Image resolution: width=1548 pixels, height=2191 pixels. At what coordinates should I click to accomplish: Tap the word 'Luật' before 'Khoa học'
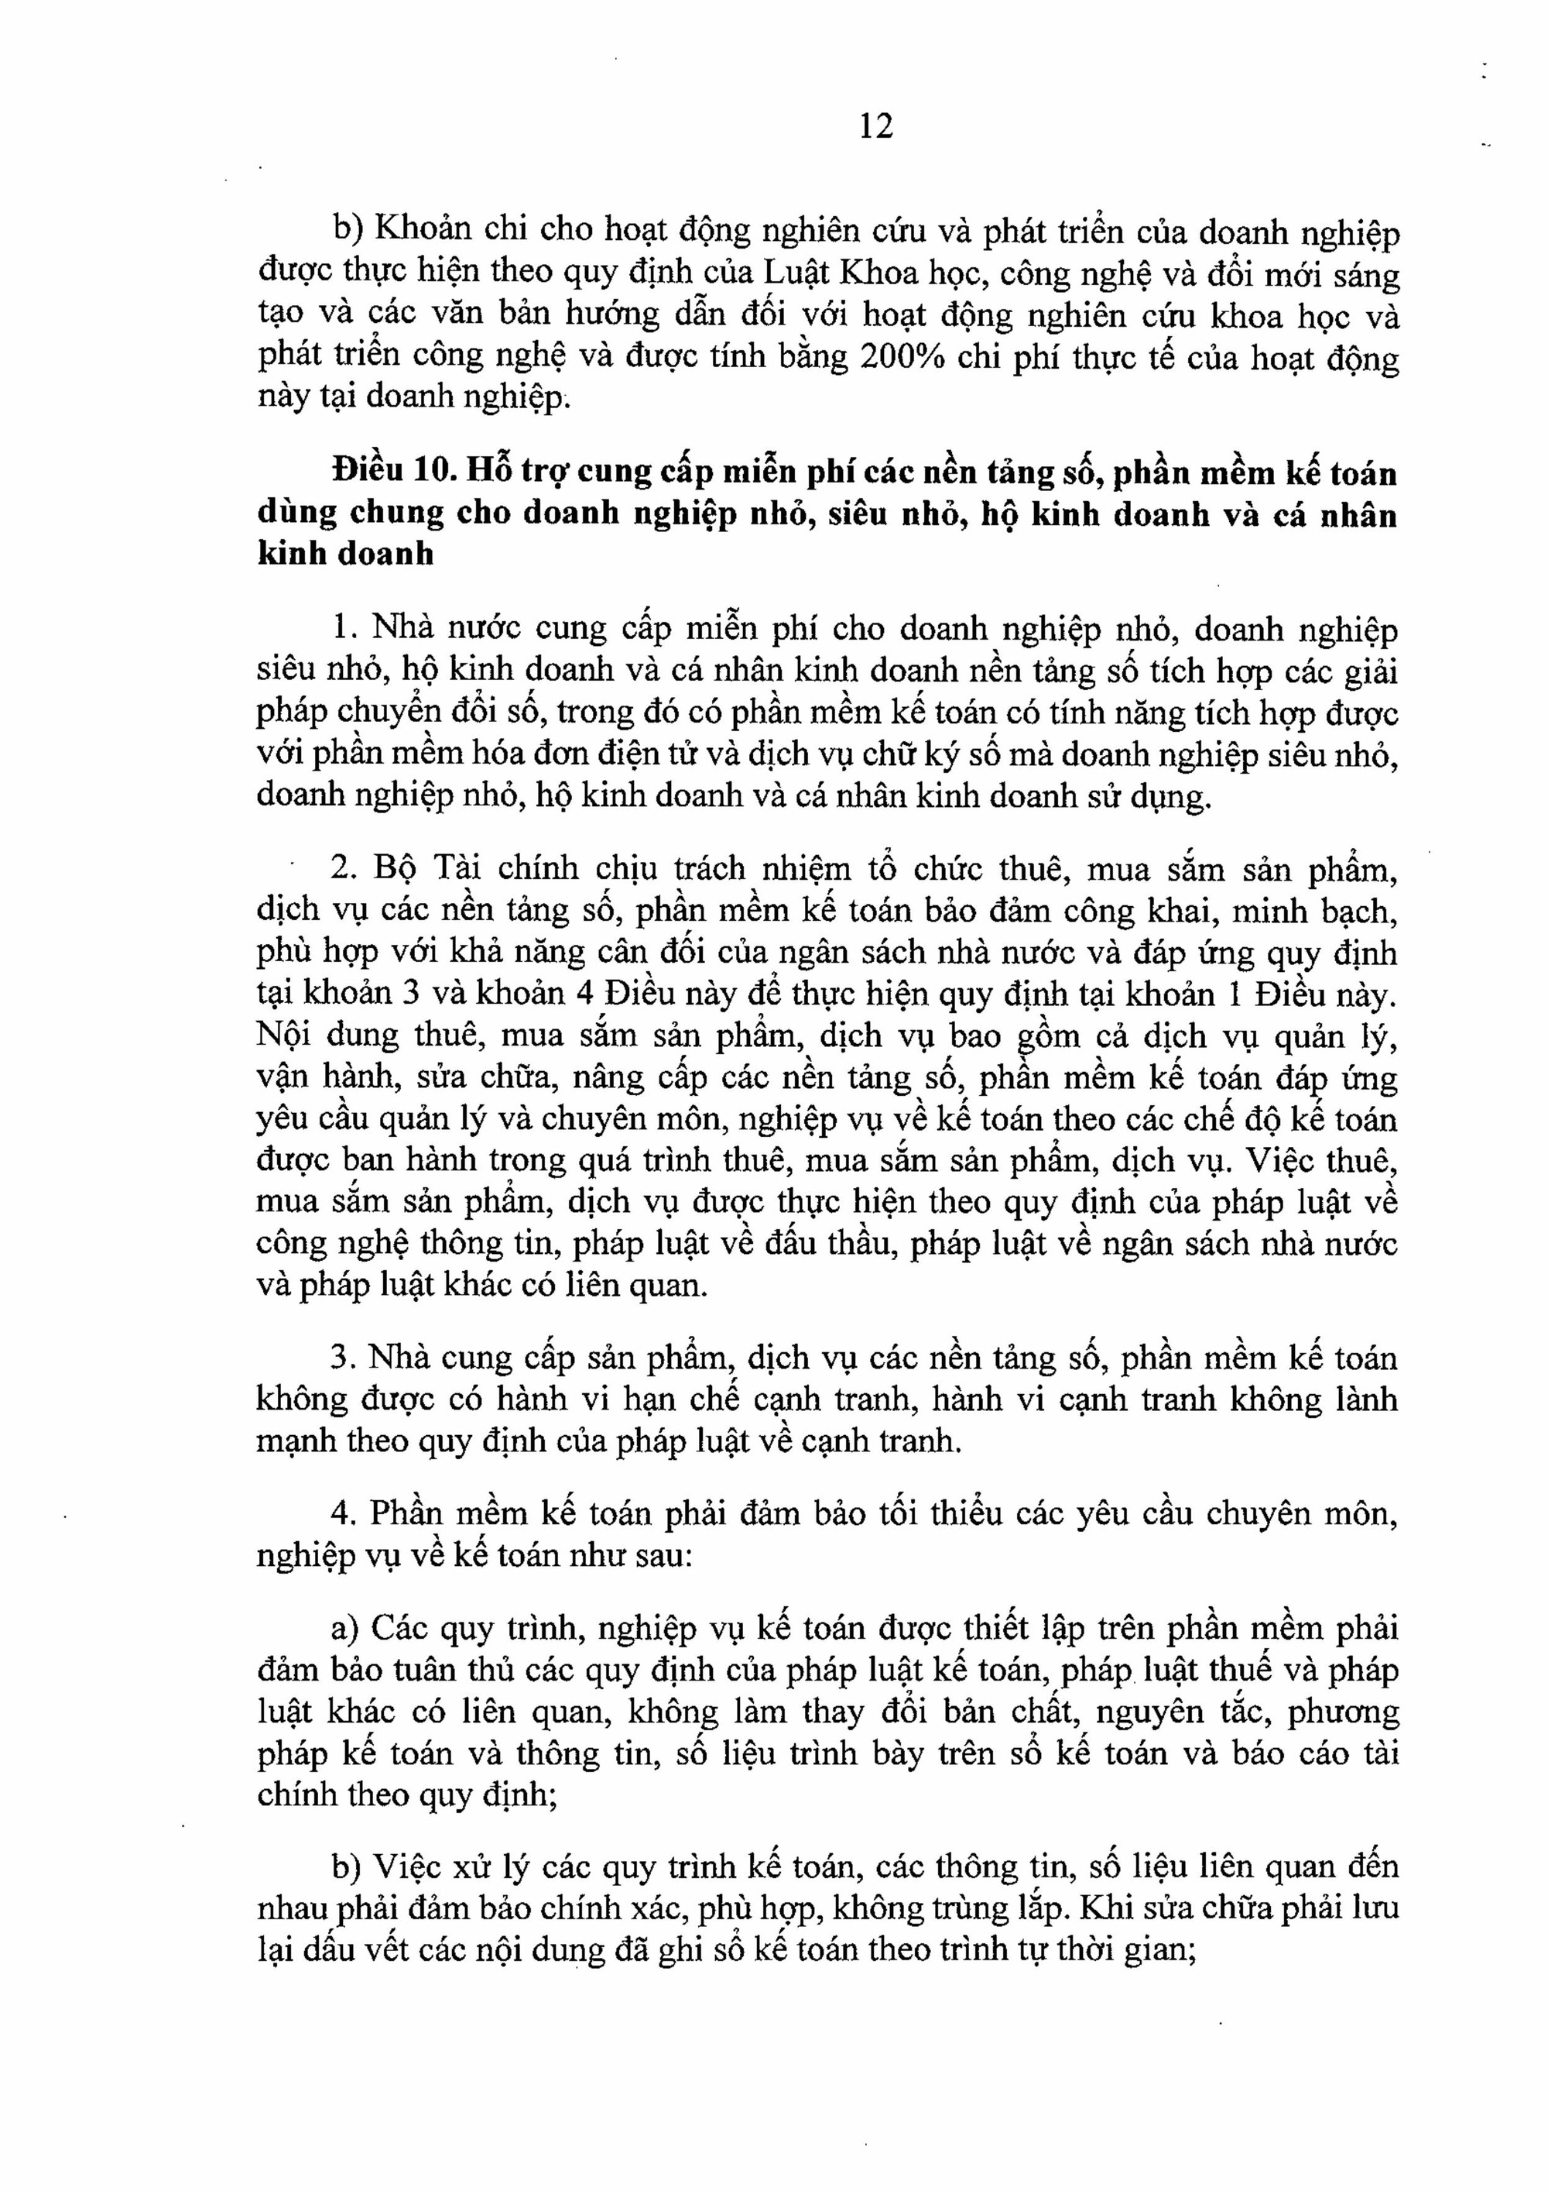pyautogui.click(x=798, y=274)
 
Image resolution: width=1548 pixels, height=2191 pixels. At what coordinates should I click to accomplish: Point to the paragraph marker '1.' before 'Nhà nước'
pyautogui.click(x=344, y=629)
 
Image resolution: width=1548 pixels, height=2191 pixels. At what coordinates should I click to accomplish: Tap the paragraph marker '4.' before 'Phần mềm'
pyautogui.click(x=344, y=1513)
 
